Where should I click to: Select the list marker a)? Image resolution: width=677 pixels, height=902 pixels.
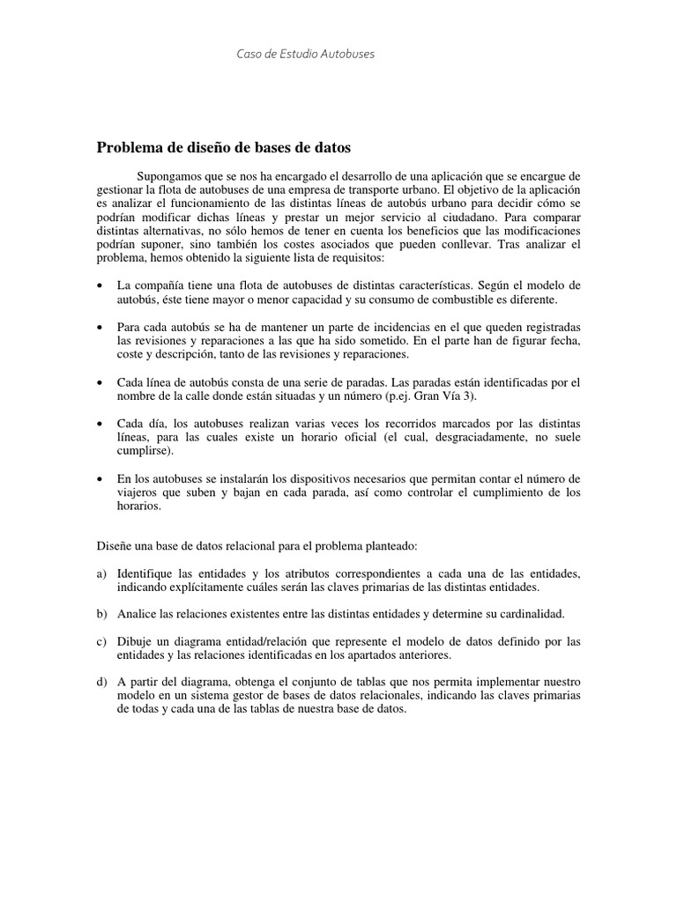coord(101,573)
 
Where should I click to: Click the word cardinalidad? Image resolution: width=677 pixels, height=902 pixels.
coord(529,614)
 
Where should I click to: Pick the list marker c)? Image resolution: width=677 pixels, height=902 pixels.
coord(101,641)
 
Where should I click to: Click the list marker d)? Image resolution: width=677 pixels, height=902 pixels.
coord(101,682)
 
